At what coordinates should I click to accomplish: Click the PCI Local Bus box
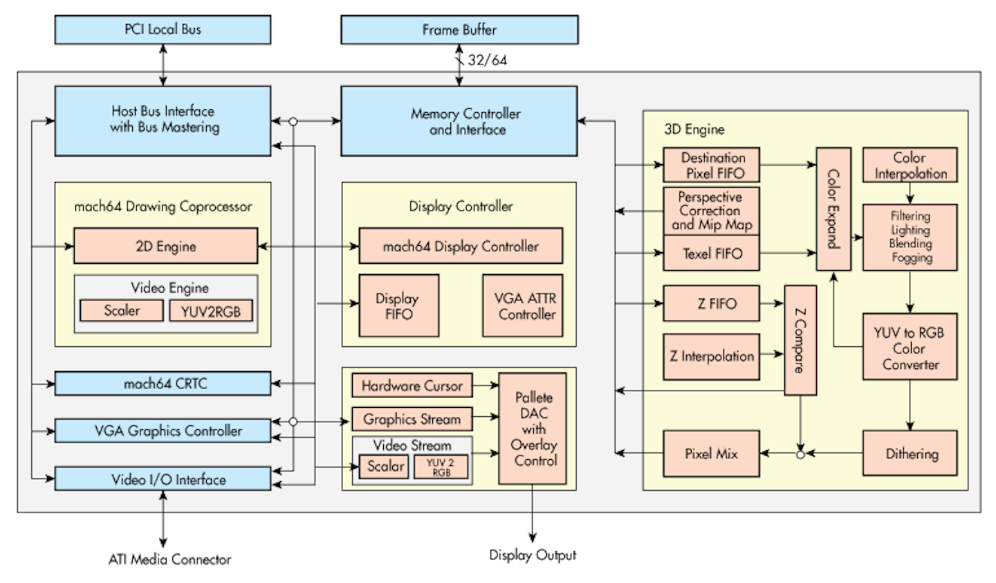point(163,30)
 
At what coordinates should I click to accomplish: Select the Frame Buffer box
point(459,30)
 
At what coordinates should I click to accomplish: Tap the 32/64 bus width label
point(487,60)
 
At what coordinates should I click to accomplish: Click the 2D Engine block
point(165,246)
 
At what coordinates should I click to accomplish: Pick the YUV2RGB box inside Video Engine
point(211,311)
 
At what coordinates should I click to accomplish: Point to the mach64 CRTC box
point(163,384)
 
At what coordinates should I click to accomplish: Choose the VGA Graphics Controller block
point(163,431)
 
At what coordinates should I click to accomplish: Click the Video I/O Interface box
point(163,479)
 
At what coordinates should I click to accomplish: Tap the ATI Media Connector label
point(169,559)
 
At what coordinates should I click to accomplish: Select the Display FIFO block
point(398,306)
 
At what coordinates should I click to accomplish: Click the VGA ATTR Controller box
point(523,306)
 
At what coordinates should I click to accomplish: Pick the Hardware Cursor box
point(412,386)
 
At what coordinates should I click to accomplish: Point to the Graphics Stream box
point(412,419)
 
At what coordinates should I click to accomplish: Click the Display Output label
point(533,555)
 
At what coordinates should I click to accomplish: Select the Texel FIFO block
point(711,253)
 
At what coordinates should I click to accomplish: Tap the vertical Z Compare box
point(800,340)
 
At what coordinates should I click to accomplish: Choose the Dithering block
point(910,454)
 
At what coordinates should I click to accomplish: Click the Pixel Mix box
point(711,454)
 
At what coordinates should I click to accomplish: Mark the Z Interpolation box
point(711,357)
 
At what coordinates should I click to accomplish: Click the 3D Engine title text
point(694,129)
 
